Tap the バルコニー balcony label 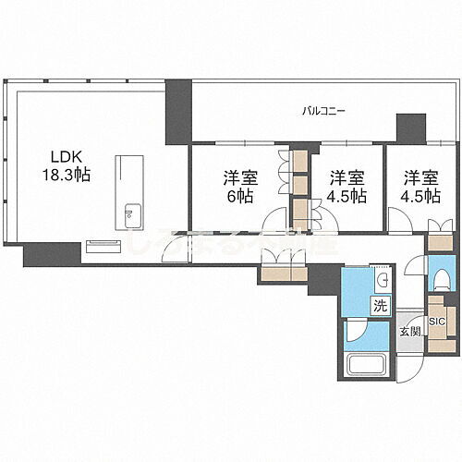click(323, 111)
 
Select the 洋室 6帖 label click(237, 186)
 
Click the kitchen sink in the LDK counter click(129, 212)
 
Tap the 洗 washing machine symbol click(380, 305)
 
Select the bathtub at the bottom click(367, 364)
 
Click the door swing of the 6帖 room click(274, 225)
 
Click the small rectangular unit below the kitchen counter click(99, 246)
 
